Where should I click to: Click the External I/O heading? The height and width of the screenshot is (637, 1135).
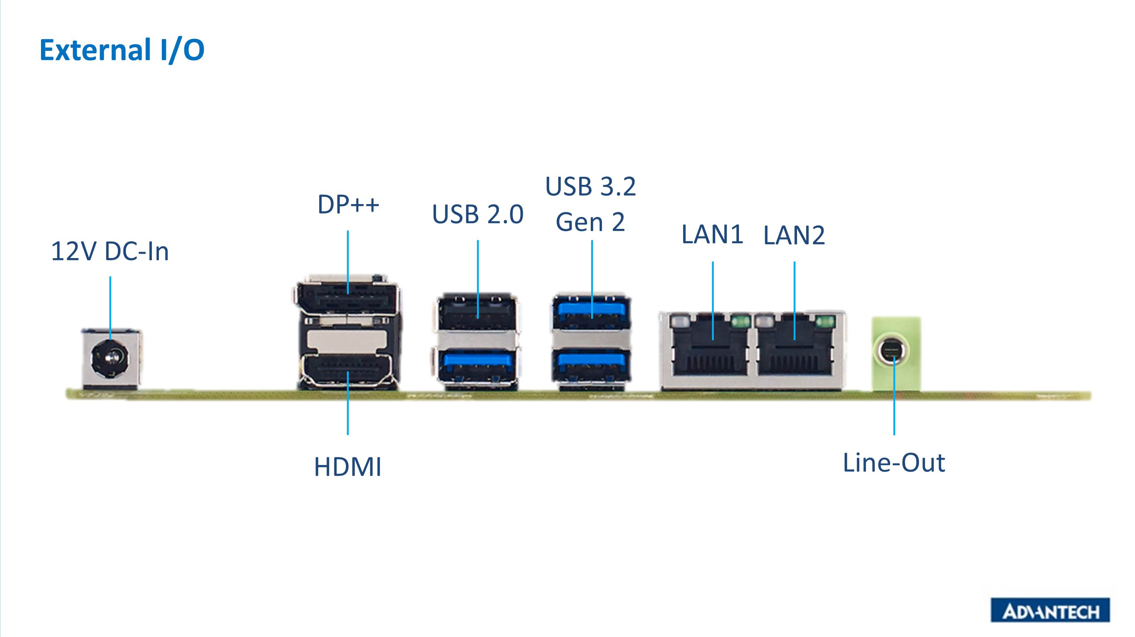pos(122,50)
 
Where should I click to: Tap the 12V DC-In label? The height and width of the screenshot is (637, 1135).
pos(110,252)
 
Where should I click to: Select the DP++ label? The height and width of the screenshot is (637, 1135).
pos(348,204)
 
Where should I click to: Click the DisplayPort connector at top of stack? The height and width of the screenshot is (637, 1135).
pos(346,299)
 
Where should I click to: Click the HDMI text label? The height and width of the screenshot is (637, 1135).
pos(348,467)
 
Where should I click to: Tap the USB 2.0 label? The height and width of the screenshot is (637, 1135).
pos(478,214)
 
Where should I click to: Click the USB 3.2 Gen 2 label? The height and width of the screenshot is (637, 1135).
pos(591,204)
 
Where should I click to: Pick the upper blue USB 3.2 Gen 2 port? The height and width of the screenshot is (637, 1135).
pos(591,312)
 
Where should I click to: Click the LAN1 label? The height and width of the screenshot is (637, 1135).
pos(712,234)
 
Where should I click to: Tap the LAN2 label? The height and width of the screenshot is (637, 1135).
pos(794,235)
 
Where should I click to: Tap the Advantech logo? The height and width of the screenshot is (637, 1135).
pos(1050,610)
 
